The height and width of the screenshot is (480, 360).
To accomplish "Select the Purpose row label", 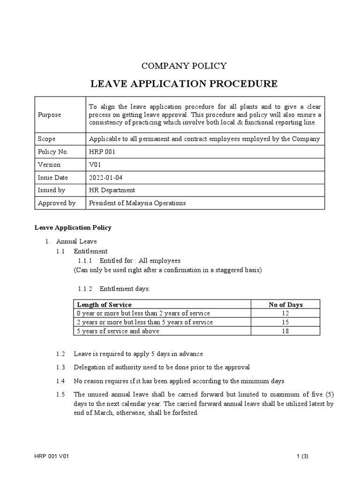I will pos(49,115).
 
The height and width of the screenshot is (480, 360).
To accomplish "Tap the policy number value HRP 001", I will pos(102,152).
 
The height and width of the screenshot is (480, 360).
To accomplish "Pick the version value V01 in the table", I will pos(95,165).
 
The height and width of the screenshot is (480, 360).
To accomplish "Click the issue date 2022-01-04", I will pos(106,178).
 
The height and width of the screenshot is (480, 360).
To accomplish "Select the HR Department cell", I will pos(112,190).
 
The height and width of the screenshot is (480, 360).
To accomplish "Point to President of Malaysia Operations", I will pos(137,203).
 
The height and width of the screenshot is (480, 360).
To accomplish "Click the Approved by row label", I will pos(57,203).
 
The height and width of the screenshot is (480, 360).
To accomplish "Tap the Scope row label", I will pos(46,139).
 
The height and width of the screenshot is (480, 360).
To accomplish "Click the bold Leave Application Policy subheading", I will pos(73,228).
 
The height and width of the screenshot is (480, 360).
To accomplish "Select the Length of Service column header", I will pos(104,305).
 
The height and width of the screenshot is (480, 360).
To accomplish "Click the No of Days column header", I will pos(285,305).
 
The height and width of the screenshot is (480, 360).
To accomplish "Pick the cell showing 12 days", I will pos(285,313).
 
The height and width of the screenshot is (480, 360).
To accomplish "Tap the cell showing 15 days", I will pos(285,322).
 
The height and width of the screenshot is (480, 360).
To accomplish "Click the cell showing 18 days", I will pos(285,331).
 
